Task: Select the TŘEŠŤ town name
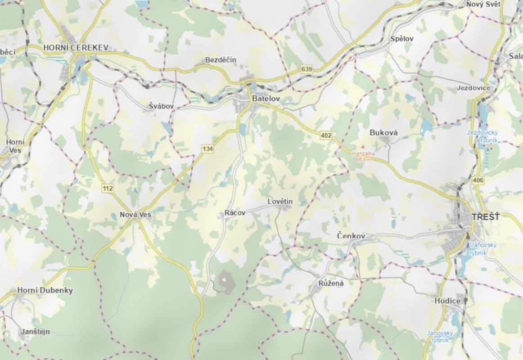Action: coord(486,217)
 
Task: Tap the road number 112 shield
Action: coord(108,188)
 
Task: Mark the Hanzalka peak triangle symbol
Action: coord(363,146)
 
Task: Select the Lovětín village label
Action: coord(280,202)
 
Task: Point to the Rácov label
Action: coord(235,213)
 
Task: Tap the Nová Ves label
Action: coord(135,215)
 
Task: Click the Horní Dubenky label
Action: coord(45,290)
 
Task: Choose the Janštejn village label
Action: coord(36,332)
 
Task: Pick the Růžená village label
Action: coord(331,283)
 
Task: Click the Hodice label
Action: coord(447,301)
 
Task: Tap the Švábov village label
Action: coord(161,106)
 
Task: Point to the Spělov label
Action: coord(402,39)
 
